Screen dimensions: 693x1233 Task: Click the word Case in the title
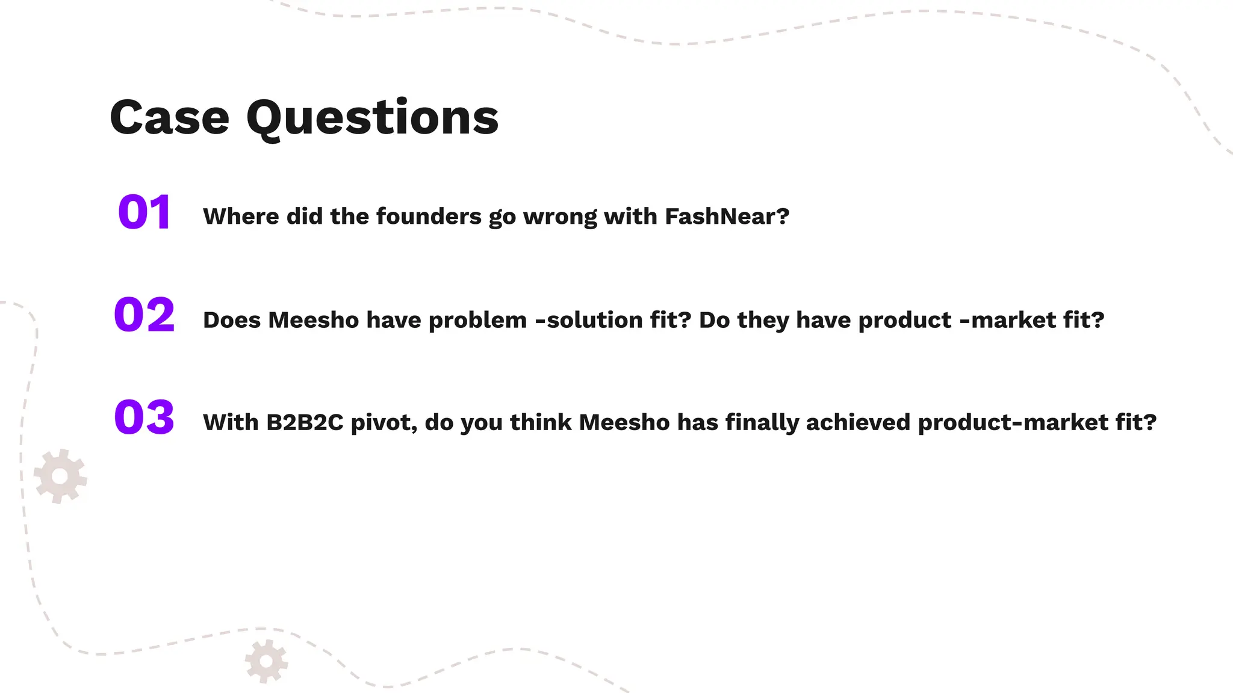coord(170,118)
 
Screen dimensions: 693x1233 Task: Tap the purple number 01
coord(144,213)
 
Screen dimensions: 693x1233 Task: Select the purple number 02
coord(144,315)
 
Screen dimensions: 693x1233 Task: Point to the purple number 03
coord(144,417)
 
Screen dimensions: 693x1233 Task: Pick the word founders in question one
coord(429,217)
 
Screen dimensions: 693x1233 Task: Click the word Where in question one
coord(241,217)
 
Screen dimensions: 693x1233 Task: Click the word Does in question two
coord(232,320)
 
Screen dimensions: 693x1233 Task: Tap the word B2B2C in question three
coord(305,422)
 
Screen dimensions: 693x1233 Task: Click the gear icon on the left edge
coord(60,476)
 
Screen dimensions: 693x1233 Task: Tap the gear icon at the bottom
coord(266,662)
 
